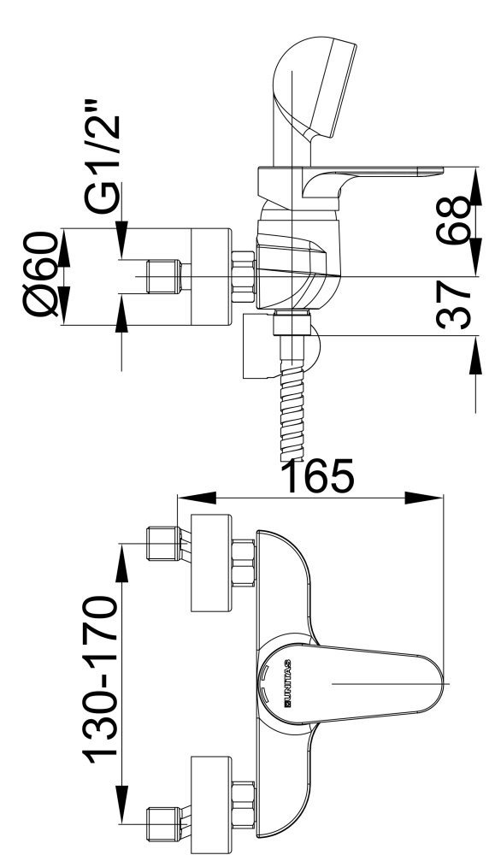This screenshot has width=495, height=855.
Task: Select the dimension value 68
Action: pyautogui.click(x=452, y=220)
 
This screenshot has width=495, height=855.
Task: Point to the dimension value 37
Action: pyautogui.click(x=453, y=305)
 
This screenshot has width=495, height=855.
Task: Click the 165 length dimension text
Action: pyautogui.click(x=320, y=476)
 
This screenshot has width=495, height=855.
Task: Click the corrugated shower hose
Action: pyautogui.click(x=292, y=399)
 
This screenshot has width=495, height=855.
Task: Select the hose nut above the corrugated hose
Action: pyautogui.click(x=292, y=324)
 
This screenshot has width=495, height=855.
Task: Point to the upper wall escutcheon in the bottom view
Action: pyautogui.click(x=211, y=562)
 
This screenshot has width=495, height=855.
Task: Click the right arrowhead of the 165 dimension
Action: pyautogui.click(x=423, y=498)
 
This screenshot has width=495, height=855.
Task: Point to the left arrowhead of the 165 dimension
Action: pyautogui.click(x=197, y=498)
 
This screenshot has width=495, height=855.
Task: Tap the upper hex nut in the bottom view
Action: pyautogui.click(x=244, y=563)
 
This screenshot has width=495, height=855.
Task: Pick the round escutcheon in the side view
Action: pyautogui.click(x=211, y=277)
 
